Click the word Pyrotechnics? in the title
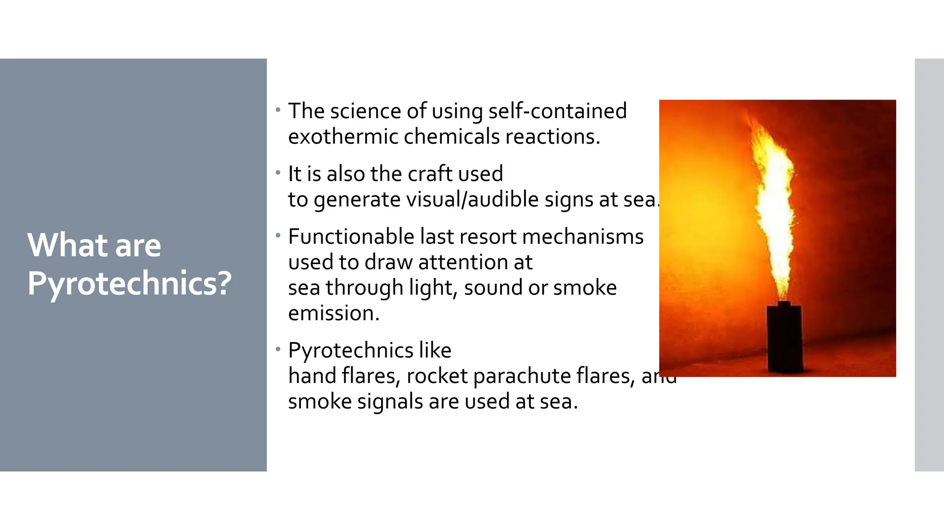(130, 283)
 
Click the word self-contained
(557, 111)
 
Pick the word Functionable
(351, 236)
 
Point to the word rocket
(437, 376)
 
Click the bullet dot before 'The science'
(278, 110)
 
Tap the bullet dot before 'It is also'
(278, 173)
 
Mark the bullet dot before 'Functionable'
(278, 236)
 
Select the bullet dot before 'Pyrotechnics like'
(278, 349)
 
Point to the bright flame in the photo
(775, 207)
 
